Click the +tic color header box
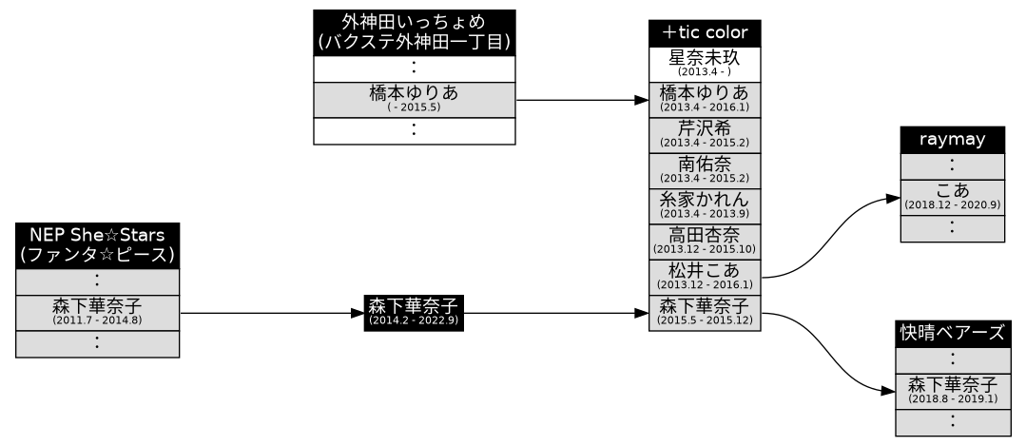(704, 32)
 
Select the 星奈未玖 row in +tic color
(704, 64)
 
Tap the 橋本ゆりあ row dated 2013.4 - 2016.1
(704, 99)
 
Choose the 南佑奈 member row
(704, 169)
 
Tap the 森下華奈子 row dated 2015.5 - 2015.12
(704, 312)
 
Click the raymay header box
(952, 139)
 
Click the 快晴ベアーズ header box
(952, 333)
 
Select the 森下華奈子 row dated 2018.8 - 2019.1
(952, 390)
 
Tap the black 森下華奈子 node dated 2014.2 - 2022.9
(414, 312)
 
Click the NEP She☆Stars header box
(97, 244)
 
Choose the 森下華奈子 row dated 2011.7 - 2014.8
(97, 312)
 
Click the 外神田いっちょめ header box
(414, 32)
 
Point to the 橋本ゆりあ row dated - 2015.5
(414, 99)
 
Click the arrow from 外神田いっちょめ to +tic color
(580, 99)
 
